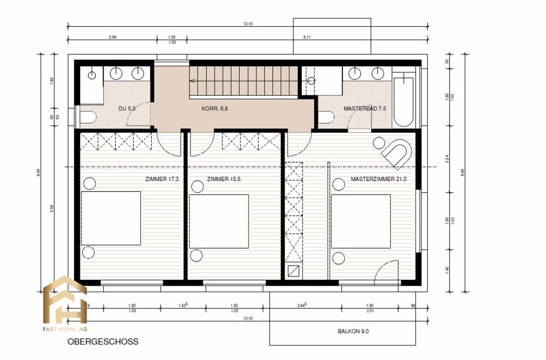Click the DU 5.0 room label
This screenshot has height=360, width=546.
(127, 109)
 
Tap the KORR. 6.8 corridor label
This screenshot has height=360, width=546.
(214, 109)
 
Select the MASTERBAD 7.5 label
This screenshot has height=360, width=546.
(365, 109)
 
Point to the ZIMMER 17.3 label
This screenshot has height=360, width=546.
(162, 179)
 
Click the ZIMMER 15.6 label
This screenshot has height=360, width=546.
(224, 179)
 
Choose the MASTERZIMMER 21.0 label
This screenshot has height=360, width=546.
(379, 179)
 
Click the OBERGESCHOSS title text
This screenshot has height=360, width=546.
(103, 342)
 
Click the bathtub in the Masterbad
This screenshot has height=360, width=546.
(404, 101)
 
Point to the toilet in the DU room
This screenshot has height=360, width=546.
(88, 117)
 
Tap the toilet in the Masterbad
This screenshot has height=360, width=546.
(326, 117)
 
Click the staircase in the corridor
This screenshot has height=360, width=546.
(244, 80)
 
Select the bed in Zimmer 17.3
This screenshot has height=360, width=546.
(111, 219)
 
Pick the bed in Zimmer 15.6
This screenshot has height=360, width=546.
(219, 222)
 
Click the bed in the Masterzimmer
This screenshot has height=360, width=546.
(360, 222)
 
